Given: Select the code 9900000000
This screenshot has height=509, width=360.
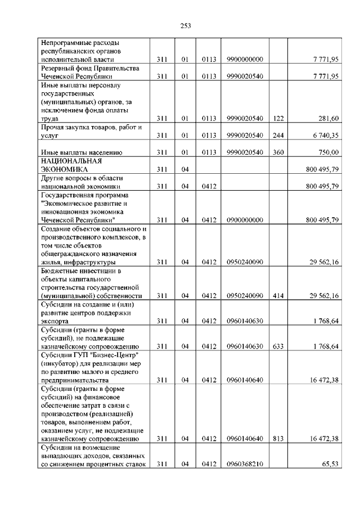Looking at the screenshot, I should point(245,59).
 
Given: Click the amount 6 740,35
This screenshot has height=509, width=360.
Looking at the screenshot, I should point(326,135).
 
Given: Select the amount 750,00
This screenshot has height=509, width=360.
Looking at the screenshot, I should point(327,152).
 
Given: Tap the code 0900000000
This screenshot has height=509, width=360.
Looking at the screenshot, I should point(245,220).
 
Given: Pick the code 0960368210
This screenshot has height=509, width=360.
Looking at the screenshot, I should point(245,464).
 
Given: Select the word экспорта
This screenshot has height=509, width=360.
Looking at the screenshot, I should point(57,321).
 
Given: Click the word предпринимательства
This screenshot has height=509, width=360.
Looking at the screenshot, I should point(75,380).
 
